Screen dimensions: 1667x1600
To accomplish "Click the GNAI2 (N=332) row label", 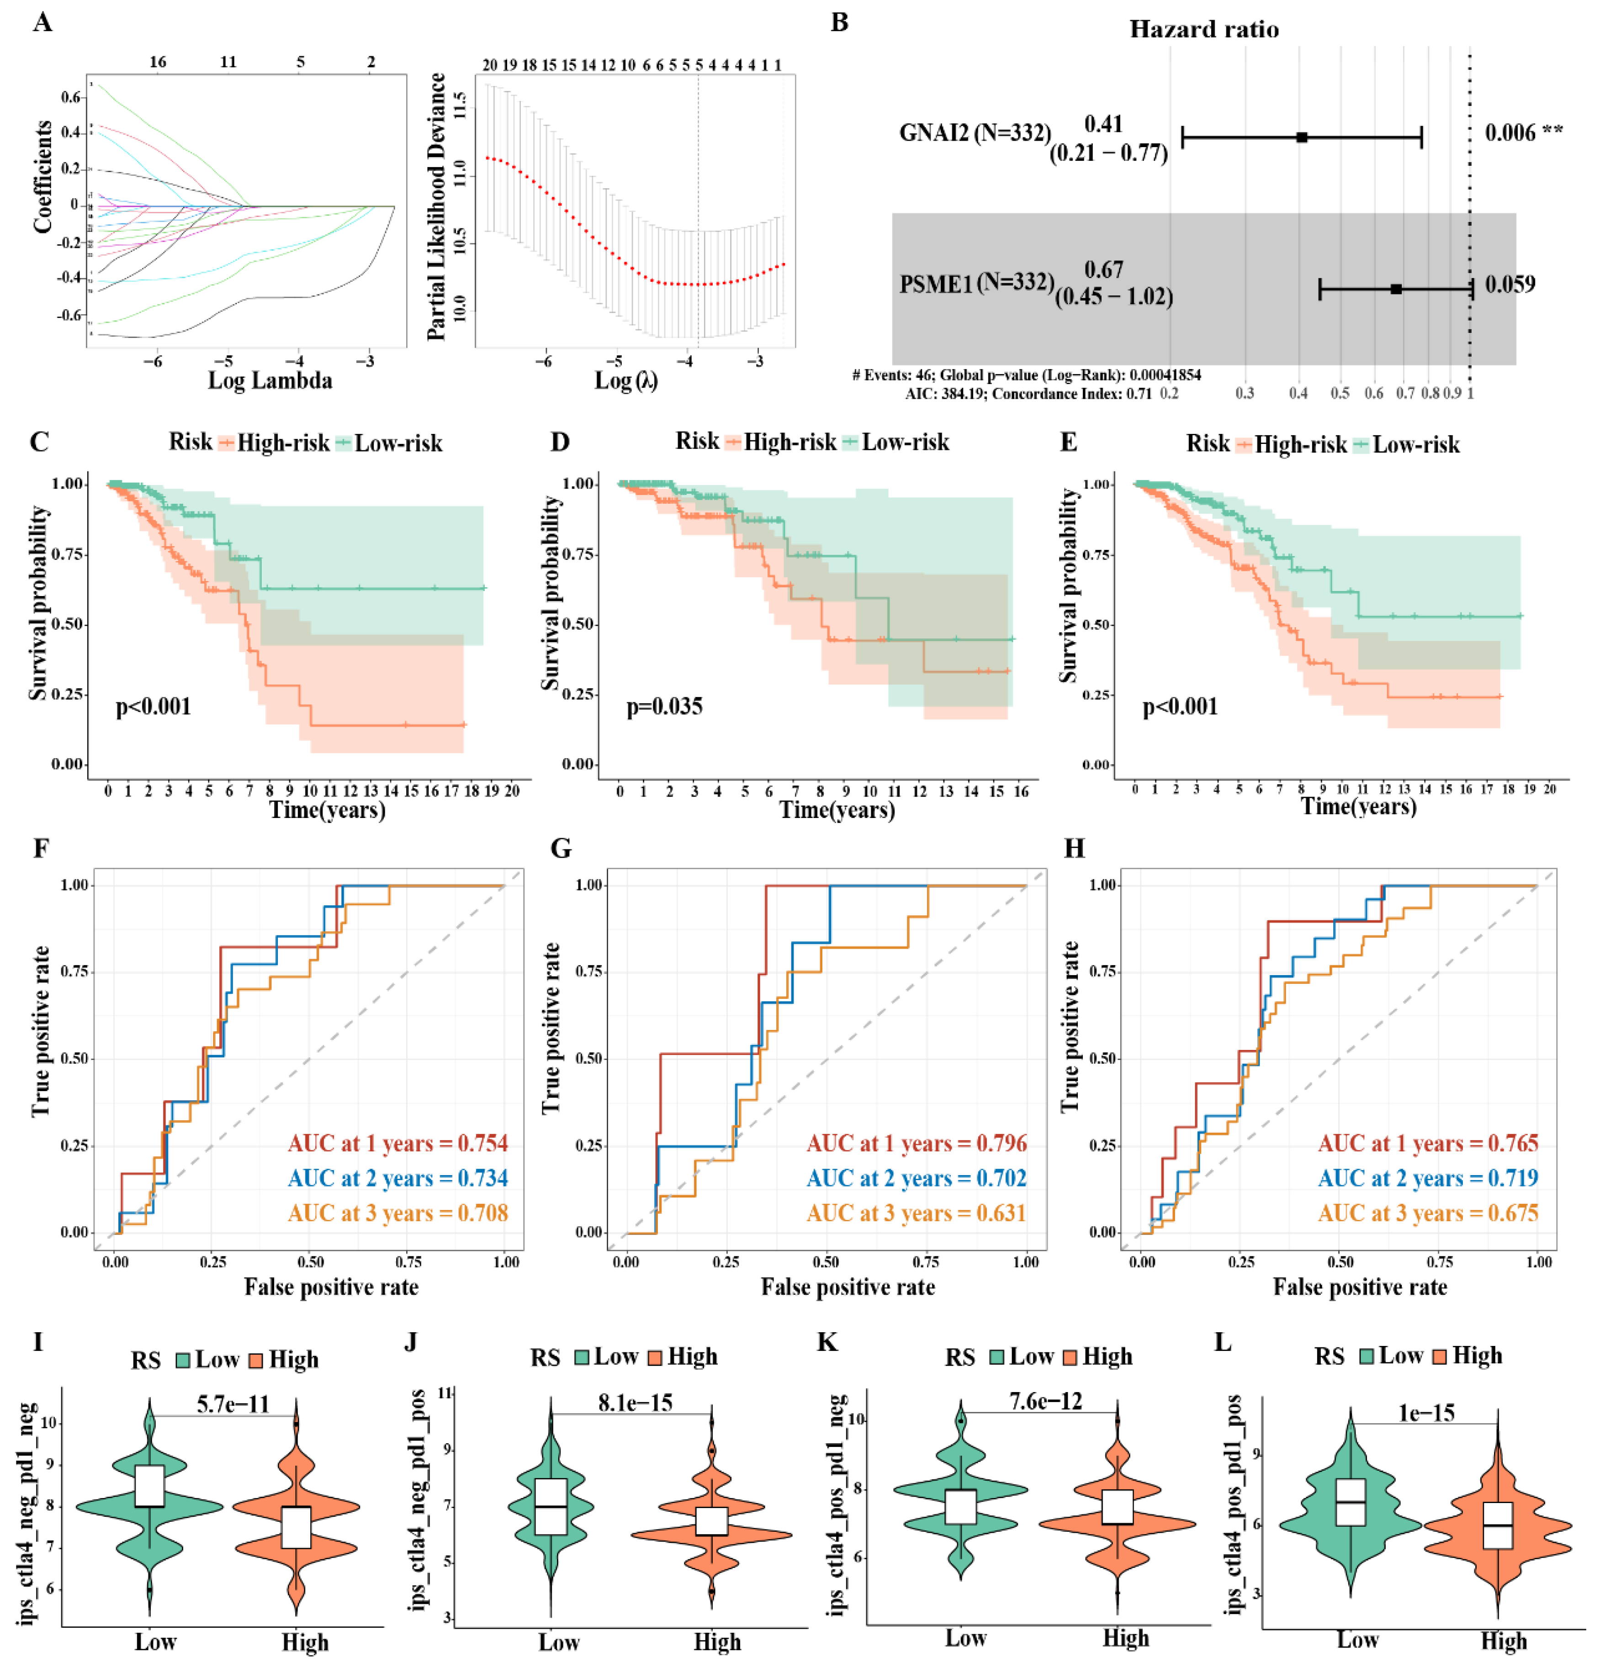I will point(974,133).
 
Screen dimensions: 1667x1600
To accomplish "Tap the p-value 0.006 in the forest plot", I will point(1510,133).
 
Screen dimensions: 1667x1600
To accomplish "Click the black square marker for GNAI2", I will point(1302,137).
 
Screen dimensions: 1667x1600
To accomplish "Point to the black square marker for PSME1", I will point(1396,289).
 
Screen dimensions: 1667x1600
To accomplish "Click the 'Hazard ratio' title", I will point(1203,30).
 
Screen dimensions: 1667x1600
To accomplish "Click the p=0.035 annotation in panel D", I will point(664,707).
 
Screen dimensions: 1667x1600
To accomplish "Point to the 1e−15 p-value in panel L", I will point(1426,1413).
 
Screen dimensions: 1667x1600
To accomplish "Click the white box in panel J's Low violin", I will point(551,1507).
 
